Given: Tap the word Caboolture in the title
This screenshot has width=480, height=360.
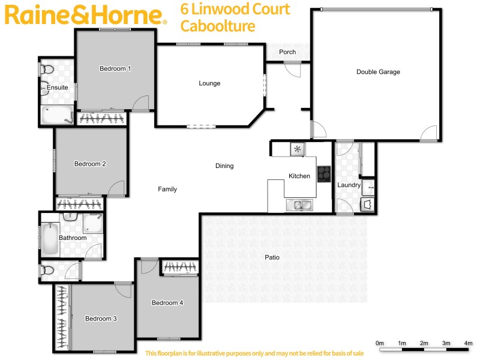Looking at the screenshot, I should coord(218,26).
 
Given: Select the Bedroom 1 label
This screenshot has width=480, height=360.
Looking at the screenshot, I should coord(115,69).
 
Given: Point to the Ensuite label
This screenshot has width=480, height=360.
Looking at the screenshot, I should coord(58,88).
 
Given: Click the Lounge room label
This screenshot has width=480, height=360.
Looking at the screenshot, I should coord(209,83).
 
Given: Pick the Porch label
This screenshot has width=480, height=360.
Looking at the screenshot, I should coord(287,52).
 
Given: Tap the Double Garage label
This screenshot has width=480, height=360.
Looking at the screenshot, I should coord(378,72).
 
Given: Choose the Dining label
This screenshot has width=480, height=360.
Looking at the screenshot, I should coord(224,166).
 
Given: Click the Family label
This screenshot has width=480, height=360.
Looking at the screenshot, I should coord(167,189).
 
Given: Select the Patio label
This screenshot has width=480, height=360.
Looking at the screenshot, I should coord(272,257).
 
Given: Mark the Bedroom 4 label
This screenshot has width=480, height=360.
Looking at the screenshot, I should coord(167,303).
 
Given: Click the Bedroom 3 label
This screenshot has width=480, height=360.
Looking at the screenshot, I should coord(101,319).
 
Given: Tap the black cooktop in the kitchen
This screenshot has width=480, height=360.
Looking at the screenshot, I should coord(324,173).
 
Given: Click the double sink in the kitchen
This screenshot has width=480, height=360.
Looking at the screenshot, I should coord(299,206).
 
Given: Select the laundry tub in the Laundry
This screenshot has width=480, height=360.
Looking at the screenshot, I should coord(368,205).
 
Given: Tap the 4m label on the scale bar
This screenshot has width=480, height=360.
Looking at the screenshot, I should coord(468,343).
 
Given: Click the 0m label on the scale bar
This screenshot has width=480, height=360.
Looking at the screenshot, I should coord(380,343).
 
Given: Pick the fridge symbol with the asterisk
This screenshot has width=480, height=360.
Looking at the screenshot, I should coord(297,149).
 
